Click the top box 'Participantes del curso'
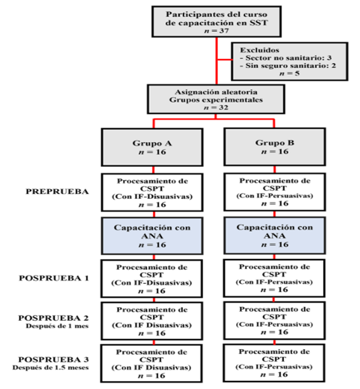click(x=217, y=22)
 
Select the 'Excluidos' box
click(x=290, y=62)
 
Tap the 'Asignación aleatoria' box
click(x=216, y=99)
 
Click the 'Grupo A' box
click(x=152, y=147)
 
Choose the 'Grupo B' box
click(x=274, y=147)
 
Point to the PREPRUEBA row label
click(x=57, y=192)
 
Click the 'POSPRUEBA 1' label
click(x=54, y=278)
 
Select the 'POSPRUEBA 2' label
click(x=53, y=318)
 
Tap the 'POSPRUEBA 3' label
click(x=53, y=359)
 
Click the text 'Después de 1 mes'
click(x=57, y=326)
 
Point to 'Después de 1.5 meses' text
click(x=51, y=367)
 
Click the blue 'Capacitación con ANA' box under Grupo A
click(x=152, y=236)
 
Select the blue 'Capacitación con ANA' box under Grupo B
click(x=274, y=235)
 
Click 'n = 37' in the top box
click(x=217, y=30)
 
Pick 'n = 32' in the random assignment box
click(x=216, y=107)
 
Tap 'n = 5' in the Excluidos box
click(x=290, y=74)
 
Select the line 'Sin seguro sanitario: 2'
click(x=288, y=65)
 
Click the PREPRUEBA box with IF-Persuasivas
click(x=274, y=192)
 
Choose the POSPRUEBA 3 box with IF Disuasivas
click(x=152, y=363)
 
